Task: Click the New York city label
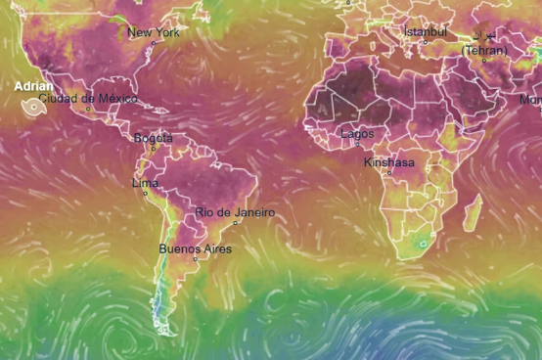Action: tap(154, 32)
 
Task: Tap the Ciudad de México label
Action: tap(88, 99)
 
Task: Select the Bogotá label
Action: tap(153, 138)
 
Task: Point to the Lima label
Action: tap(145, 183)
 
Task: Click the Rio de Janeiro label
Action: tap(235, 212)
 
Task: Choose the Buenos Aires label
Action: tap(196, 249)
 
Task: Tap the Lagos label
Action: tap(357, 134)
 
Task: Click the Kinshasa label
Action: tap(388, 162)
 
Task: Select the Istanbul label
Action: tap(425, 31)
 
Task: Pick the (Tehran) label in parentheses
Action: tap(485, 50)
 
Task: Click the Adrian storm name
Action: tap(33, 86)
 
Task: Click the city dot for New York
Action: tap(148, 43)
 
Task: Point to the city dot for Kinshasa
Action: tap(389, 173)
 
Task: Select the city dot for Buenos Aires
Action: tap(196, 259)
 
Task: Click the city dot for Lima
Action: tap(146, 193)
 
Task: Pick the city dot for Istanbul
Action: tap(425, 41)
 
